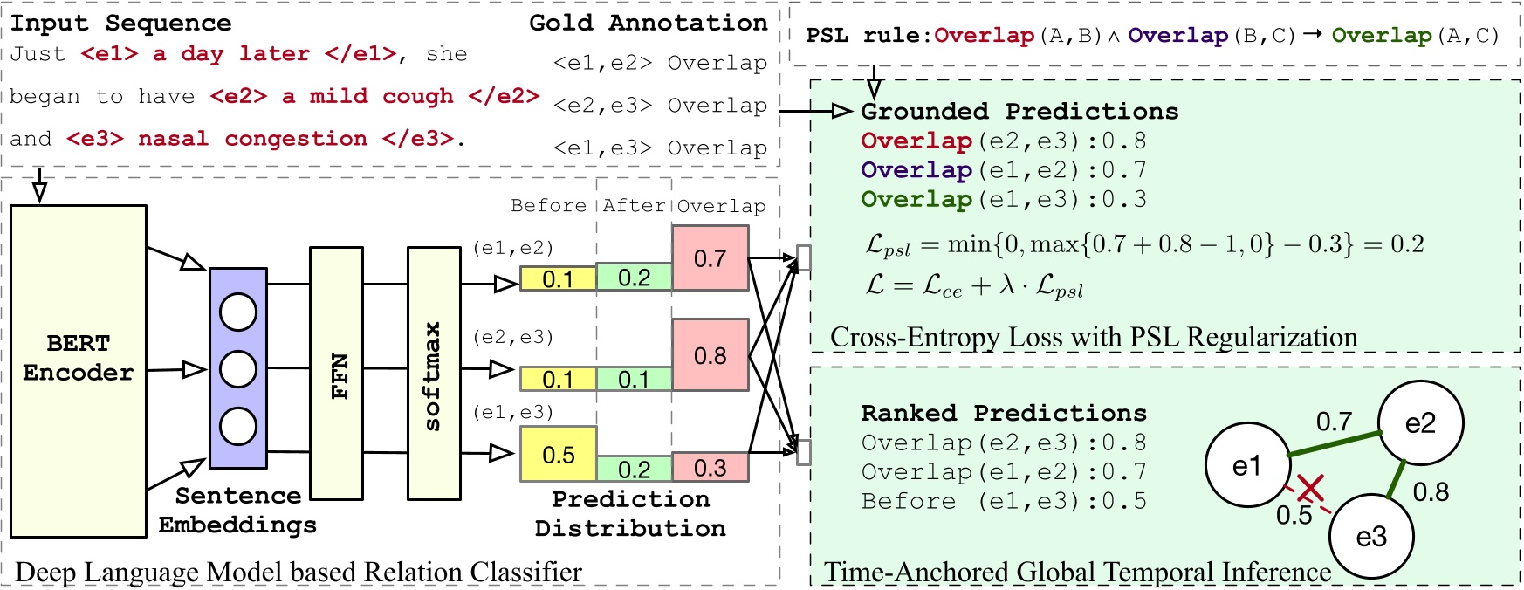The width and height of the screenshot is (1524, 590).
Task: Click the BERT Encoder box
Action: pos(79,370)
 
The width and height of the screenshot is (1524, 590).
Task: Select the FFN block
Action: pos(336,373)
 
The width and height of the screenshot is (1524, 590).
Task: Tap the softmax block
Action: pos(434,373)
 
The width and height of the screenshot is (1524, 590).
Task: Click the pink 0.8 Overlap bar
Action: pos(710,354)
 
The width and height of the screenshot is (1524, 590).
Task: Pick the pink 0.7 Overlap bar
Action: pos(710,257)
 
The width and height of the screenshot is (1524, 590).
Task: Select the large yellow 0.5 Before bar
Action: pos(558,454)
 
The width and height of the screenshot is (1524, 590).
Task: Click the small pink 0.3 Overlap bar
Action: pos(710,468)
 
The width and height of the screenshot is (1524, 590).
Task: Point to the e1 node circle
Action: pos(1246,465)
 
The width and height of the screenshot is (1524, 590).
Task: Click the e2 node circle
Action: pos(1420,423)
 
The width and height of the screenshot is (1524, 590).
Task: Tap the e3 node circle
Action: pos(1370,536)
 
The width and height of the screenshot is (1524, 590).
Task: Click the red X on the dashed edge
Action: pos(1309,490)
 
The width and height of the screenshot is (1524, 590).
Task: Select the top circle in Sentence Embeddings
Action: pos(238,312)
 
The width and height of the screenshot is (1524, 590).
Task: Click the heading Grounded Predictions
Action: pos(1019,112)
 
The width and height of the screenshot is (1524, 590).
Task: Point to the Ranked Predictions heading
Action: pos(1004,413)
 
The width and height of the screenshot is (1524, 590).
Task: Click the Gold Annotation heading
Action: pos(648,23)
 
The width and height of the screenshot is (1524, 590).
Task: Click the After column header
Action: pos(633,206)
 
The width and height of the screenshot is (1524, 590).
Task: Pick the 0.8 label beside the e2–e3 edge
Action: pos(1431,492)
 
